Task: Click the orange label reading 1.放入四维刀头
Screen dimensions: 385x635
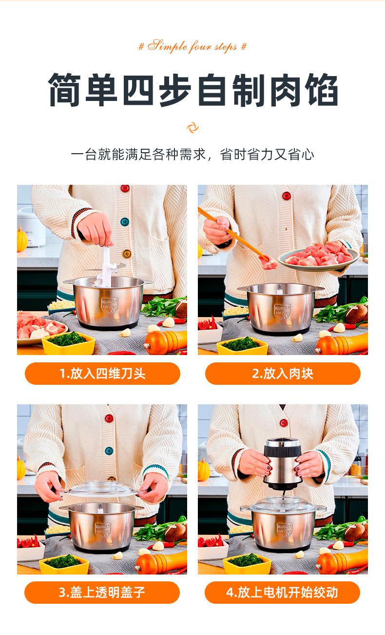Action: pos(102,374)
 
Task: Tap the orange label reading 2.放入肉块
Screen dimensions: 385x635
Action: pos(283,374)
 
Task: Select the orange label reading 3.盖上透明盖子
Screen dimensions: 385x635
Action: pos(102,592)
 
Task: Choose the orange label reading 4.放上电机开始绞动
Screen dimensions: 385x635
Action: pos(282,592)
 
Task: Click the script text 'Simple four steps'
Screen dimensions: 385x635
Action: pos(192,46)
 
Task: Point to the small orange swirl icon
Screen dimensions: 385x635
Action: pos(192,127)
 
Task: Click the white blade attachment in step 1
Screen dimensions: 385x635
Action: pos(107,266)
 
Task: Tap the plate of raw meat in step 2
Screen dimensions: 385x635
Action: pos(319,256)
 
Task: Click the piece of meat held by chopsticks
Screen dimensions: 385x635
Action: pos(268,263)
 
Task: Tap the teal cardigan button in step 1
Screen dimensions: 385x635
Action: pos(125,221)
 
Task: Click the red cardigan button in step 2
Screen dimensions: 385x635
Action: pos(287,196)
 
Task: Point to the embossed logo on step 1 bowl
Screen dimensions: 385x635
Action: pos(109,305)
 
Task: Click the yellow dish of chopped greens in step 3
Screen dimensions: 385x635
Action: pos(64,564)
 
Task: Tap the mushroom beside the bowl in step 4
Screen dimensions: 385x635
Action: pos(356,532)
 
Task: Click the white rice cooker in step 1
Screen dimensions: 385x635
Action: pos(31,227)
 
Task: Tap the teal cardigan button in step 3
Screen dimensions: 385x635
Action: pos(109,451)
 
